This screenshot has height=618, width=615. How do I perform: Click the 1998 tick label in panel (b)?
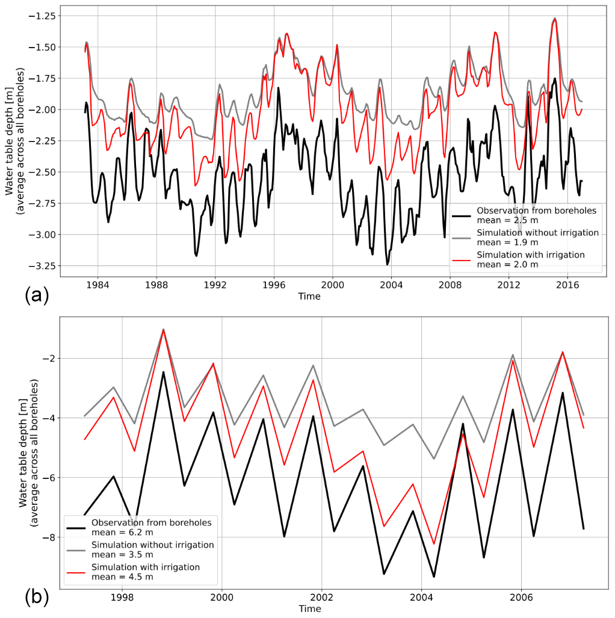(122, 599)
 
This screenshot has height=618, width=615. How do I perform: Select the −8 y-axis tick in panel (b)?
(49, 537)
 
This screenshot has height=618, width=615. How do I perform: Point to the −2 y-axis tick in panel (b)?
(49, 358)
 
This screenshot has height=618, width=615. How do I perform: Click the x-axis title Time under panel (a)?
(309, 296)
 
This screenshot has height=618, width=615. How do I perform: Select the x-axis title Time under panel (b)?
(309, 609)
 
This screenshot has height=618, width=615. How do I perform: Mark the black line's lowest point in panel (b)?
(433, 577)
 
